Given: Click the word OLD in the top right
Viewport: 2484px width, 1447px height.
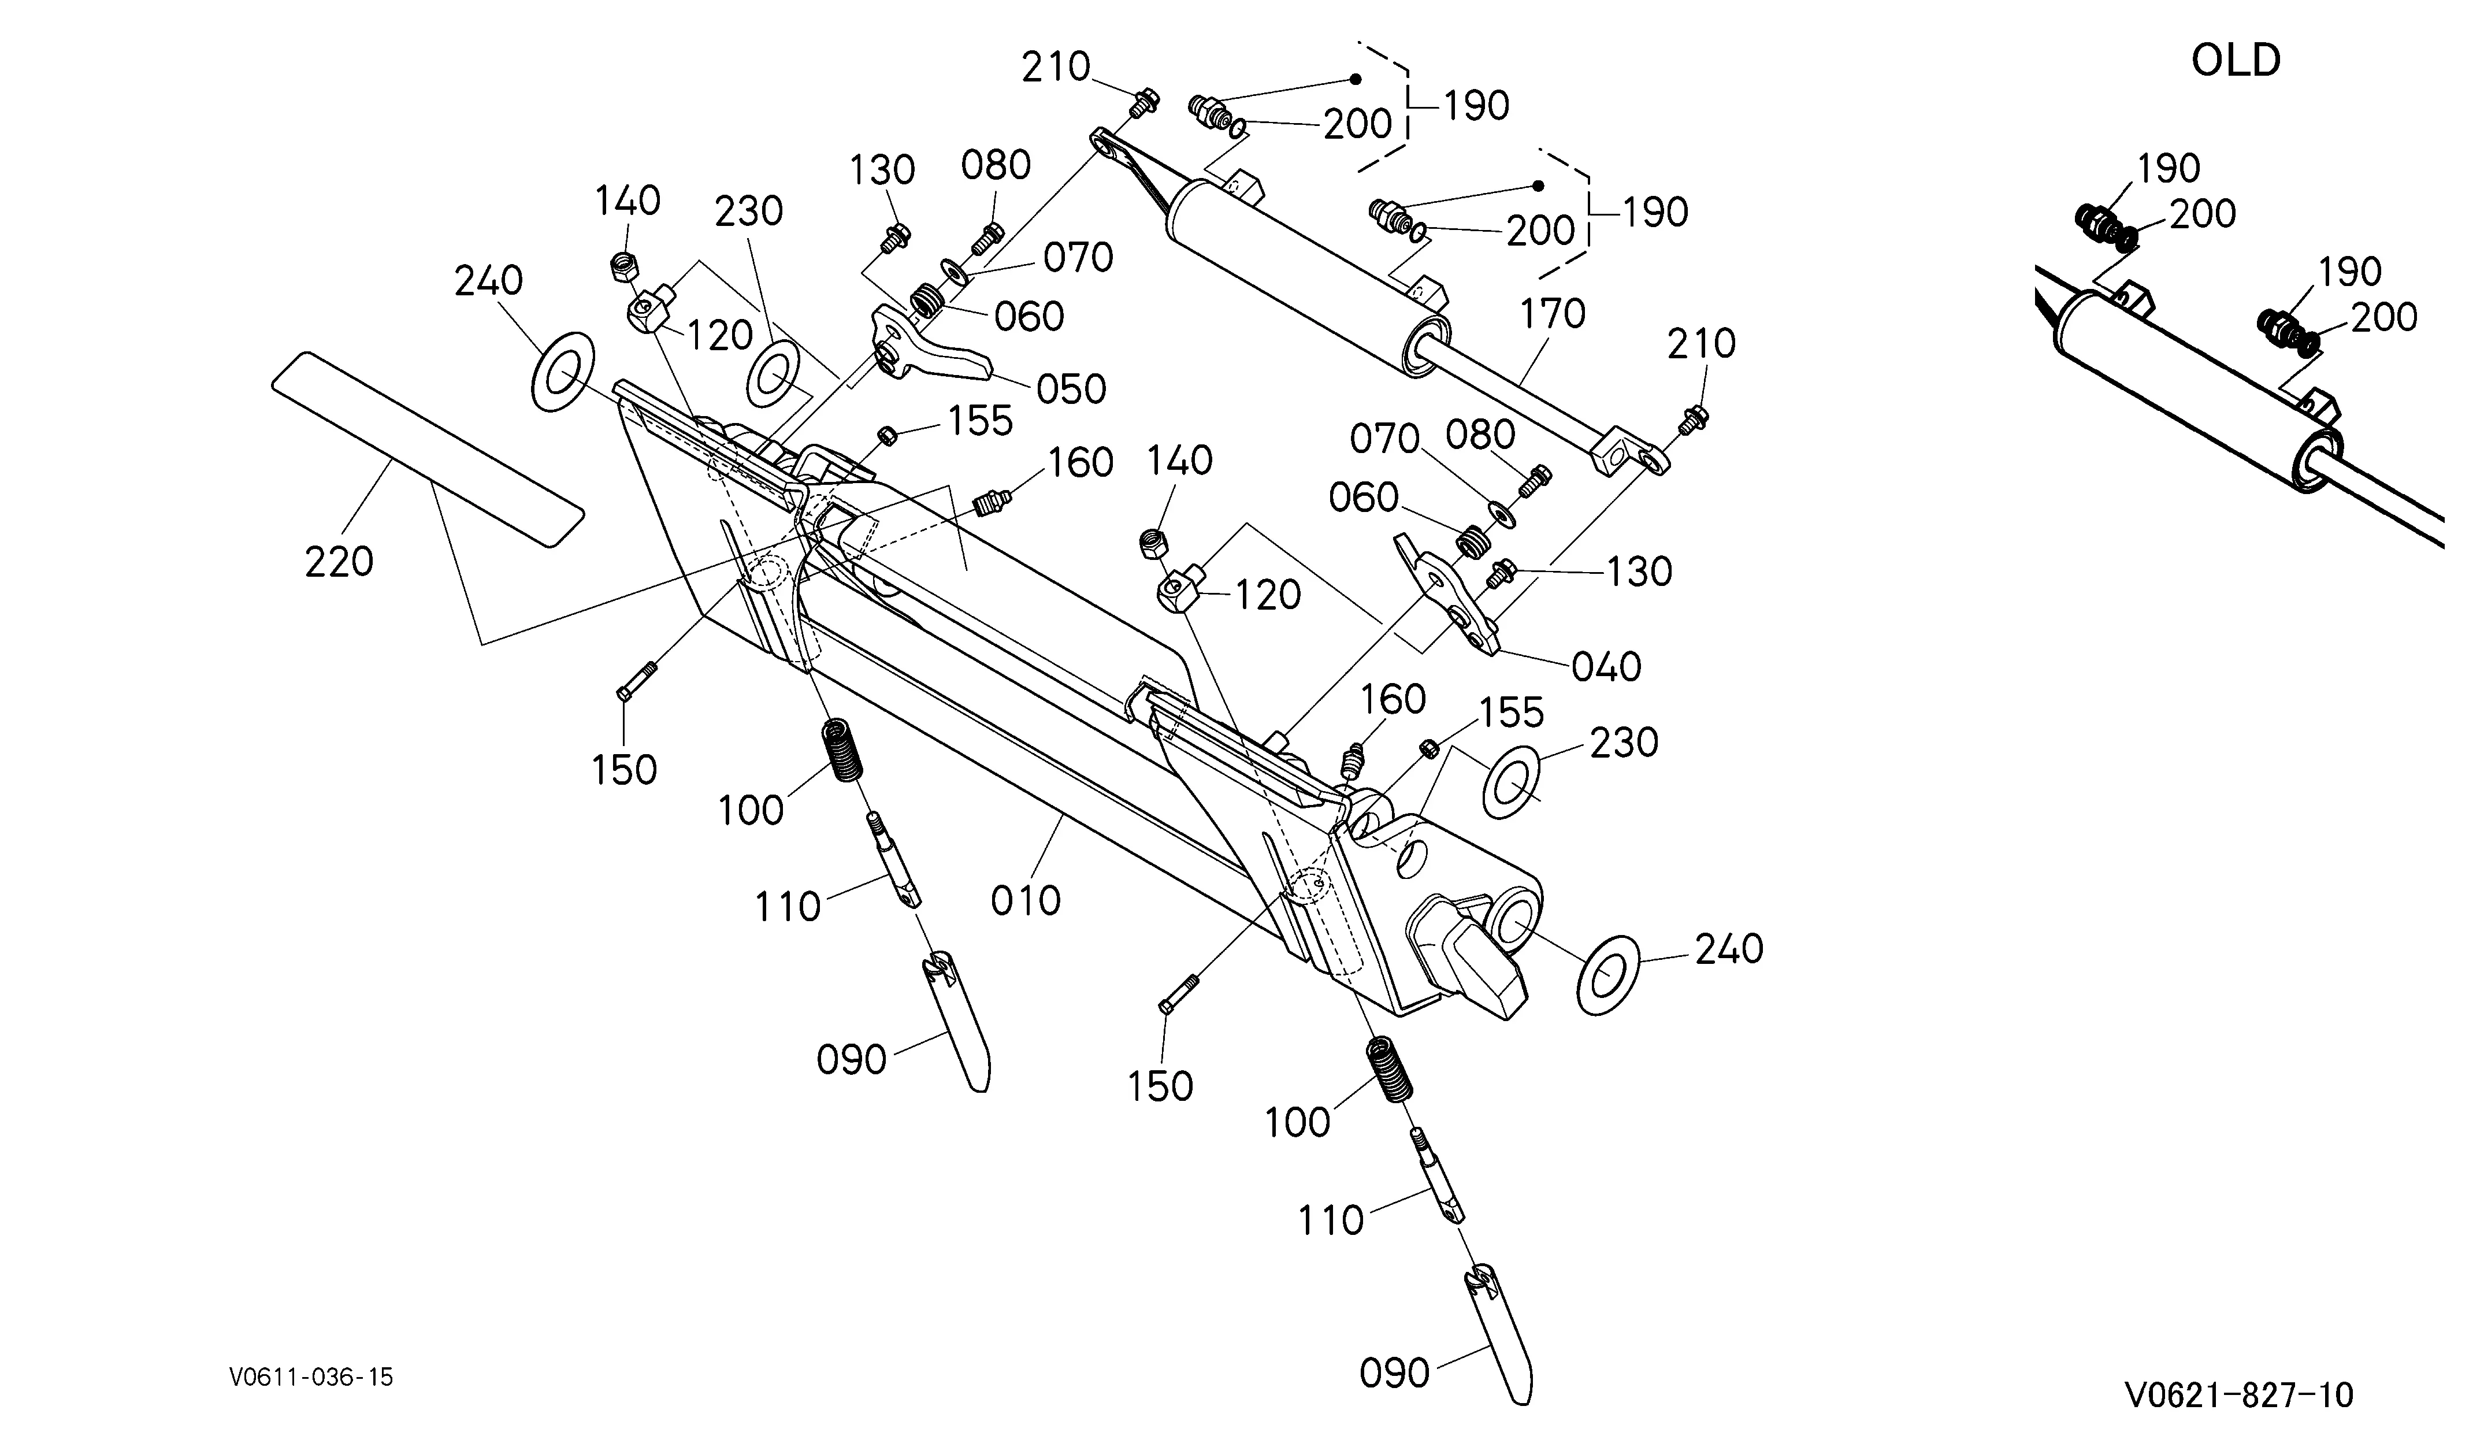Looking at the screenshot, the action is click(2236, 61).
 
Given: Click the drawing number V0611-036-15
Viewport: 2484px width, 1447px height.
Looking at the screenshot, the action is click(311, 1377).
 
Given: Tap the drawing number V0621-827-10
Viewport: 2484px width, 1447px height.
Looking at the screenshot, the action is click(2238, 1395).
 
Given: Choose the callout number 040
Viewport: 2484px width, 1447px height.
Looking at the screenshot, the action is click(1606, 667).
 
